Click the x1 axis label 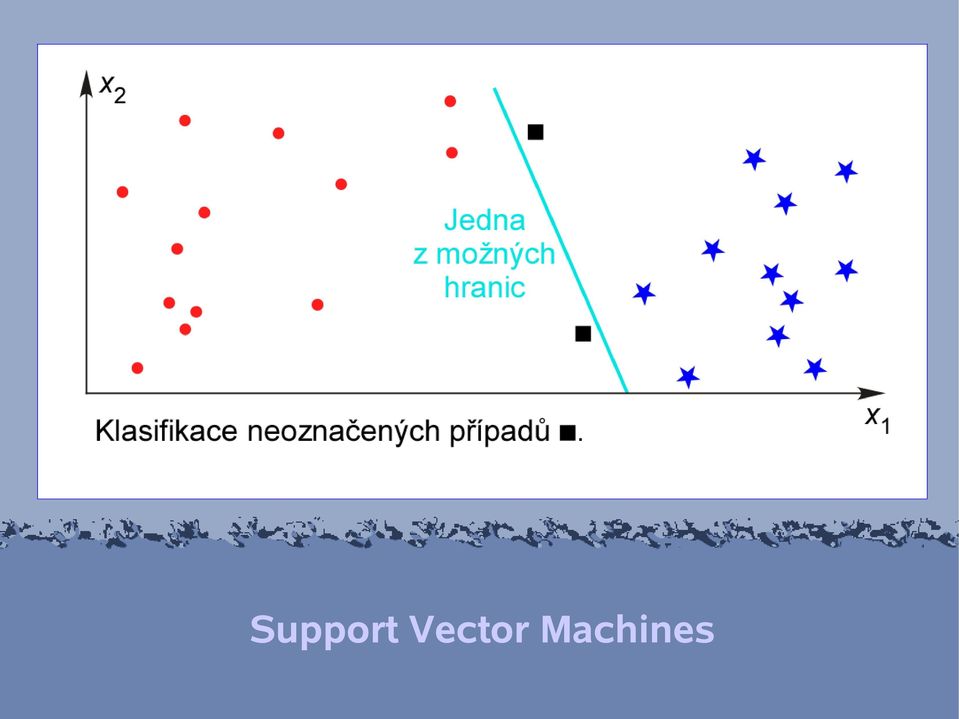pos(878,420)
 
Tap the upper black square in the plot pos(535,132)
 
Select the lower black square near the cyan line pos(583,334)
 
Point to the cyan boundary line pos(560,240)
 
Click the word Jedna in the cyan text pos(484,220)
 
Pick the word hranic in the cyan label pos(484,287)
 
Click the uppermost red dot pos(450,101)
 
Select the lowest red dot pos(138,368)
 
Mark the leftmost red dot pos(122,192)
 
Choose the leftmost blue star pos(644,293)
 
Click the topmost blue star pos(754,159)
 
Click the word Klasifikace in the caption pos(166,431)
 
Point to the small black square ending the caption pos(568,433)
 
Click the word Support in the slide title pos(324,630)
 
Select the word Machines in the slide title pos(628,629)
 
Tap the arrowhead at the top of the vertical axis pos(86,84)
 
